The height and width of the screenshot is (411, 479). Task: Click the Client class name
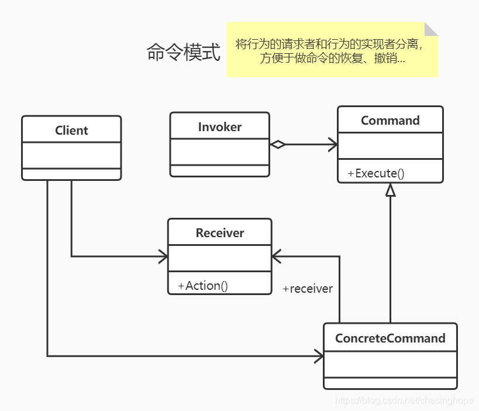(71, 131)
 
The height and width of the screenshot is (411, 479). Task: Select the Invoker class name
(220, 127)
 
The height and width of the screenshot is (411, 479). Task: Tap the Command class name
(390, 121)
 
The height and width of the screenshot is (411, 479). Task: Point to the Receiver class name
(220, 233)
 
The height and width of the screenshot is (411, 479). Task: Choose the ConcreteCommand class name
(390, 338)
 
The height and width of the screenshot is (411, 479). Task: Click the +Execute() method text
(376, 173)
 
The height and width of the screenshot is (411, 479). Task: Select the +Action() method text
(203, 286)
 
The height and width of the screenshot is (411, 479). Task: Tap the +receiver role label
(308, 289)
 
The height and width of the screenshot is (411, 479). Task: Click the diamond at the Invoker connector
(277, 145)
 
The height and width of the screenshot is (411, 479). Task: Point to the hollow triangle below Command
(390, 190)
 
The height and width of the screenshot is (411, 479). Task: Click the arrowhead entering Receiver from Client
(163, 256)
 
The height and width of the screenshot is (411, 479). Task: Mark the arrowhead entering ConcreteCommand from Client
(319, 356)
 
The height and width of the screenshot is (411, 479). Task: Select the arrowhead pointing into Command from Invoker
(333, 145)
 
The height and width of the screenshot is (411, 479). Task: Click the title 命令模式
(184, 53)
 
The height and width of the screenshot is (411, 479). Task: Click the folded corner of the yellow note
(432, 29)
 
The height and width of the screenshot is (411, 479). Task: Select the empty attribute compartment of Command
(390, 146)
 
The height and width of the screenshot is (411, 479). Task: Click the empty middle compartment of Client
(71, 155)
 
